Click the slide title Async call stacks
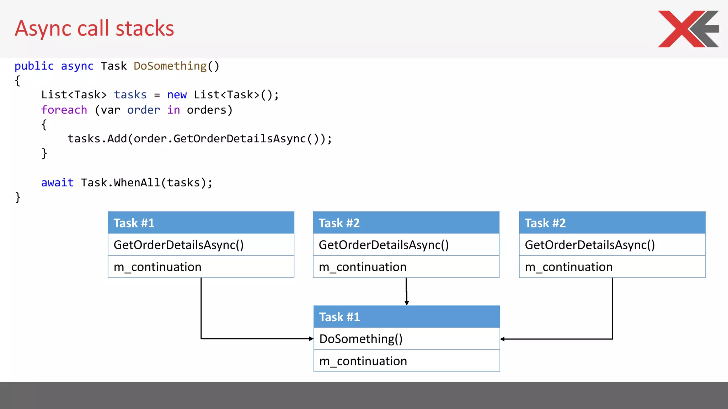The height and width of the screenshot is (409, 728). [x=94, y=28]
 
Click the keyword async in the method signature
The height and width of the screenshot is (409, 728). [x=77, y=66]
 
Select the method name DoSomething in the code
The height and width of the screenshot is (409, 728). [x=170, y=66]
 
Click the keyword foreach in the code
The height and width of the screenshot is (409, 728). [x=64, y=110]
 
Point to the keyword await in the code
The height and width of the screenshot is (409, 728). [x=57, y=183]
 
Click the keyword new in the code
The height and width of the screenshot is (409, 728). [x=177, y=95]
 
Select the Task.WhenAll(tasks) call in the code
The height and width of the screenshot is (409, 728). [x=146, y=183]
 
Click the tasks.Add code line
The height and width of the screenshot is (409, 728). [x=199, y=139]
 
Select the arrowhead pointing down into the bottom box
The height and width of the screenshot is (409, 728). [x=407, y=303]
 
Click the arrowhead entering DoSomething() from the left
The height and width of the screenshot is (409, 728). [x=311, y=339]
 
